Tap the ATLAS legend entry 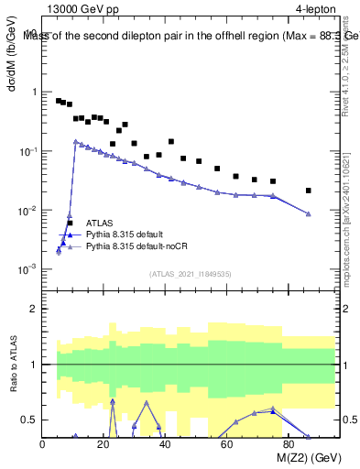(99, 223)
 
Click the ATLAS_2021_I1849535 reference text (190, 273)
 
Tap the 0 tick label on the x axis (43, 446)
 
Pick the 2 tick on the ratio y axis (33, 309)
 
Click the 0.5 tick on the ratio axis (29, 420)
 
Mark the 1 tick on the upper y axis (33, 93)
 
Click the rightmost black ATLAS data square (309, 191)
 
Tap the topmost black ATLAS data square (59, 101)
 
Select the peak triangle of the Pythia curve (76, 141)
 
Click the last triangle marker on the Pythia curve (309, 214)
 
